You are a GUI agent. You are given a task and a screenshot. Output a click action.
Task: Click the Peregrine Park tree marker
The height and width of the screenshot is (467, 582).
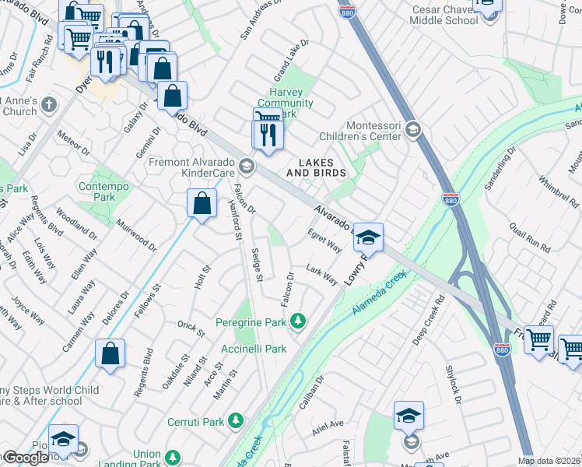(x=297, y=321)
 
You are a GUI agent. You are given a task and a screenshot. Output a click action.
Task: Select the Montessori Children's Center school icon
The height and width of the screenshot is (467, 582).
(x=413, y=130)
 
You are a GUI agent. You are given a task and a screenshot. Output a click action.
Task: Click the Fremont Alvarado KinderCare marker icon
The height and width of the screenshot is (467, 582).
(x=247, y=165)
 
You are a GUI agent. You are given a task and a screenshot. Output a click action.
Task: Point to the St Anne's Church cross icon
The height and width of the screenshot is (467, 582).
(x=49, y=105)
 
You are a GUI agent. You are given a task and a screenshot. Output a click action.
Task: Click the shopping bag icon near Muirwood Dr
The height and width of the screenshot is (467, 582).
(x=202, y=204)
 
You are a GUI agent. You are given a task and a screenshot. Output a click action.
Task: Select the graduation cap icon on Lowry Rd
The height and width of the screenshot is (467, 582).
(x=368, y=237)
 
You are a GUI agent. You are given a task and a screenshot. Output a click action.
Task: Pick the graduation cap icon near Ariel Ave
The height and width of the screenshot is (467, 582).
(x=408, y=417)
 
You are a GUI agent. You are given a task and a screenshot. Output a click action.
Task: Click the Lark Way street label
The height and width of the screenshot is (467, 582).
(x=321, y=275)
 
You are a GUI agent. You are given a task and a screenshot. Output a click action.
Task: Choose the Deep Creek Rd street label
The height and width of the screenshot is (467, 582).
(x=427, y=319)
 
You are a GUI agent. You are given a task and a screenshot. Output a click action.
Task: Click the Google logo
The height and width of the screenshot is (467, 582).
(x=26, y=458)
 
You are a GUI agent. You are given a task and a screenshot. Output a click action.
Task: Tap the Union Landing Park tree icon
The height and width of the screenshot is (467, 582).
(x=172, y=458)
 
